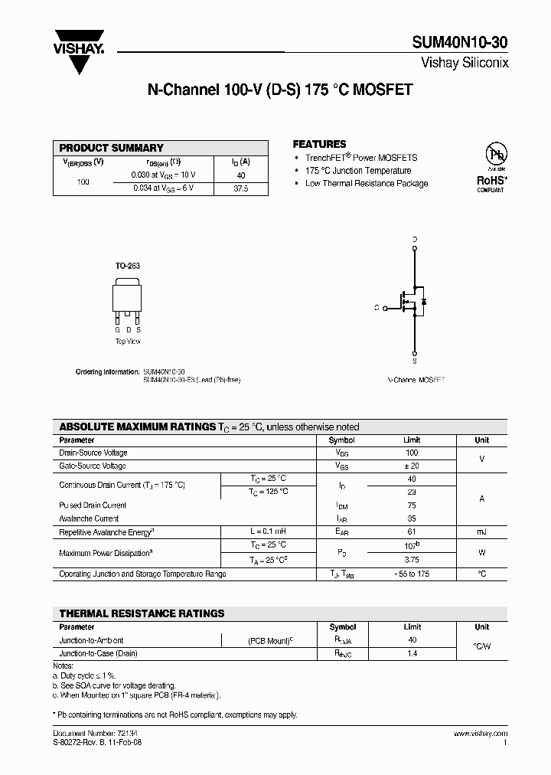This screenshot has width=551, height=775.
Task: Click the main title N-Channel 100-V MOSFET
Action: (280, 90)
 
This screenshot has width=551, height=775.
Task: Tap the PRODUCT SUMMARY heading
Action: (112, 148)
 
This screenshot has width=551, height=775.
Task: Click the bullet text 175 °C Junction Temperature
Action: (357, 171)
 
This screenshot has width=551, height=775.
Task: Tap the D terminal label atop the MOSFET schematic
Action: (415, 239)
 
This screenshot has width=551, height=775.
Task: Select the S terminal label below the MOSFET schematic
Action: (415, 360)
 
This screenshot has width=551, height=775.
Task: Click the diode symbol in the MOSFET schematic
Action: (424, 301)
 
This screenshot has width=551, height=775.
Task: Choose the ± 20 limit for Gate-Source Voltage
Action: (412, 466)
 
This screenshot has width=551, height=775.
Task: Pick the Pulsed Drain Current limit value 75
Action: (412, 505)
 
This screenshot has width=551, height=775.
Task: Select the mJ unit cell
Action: (481, 531)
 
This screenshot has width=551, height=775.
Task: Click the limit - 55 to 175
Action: (412, 574)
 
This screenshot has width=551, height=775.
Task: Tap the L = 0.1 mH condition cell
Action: (268, 531)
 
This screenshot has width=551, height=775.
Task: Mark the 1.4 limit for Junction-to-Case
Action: (412, 654)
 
